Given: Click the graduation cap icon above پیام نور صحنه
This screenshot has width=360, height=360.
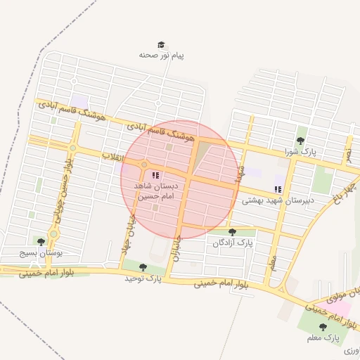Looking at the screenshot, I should coord(161,44).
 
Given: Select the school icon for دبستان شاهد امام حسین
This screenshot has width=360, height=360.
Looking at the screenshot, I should coord(155,175).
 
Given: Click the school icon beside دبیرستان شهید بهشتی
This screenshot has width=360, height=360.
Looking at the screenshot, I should coord(278,189).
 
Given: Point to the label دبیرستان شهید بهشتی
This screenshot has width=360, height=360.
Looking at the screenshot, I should coord(277,200).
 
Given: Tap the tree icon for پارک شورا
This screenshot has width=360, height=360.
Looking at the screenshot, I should coord(301,141).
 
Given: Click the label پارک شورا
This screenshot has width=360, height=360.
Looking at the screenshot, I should coord(301,151).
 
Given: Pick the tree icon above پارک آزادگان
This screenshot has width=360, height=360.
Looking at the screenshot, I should coord(233,232).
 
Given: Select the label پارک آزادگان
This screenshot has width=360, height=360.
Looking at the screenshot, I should coord(233,243).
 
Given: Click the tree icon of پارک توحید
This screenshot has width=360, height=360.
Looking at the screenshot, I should coord(143,267).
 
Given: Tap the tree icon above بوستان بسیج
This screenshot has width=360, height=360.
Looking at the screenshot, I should coord(41,242).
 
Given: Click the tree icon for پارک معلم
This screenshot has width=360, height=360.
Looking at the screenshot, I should coord(323,327).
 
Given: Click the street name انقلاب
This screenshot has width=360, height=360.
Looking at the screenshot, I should coord(113,156).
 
